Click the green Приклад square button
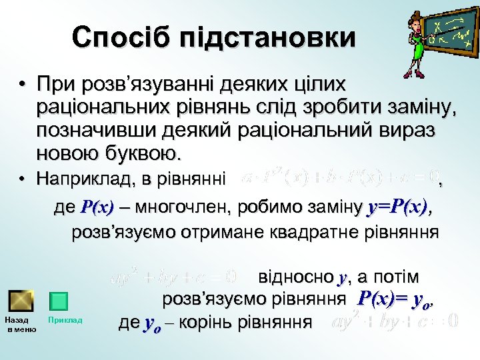pos(59,301)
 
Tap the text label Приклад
pos(65,321)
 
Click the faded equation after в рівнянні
pos(340,179)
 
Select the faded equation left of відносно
pos(175,275)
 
